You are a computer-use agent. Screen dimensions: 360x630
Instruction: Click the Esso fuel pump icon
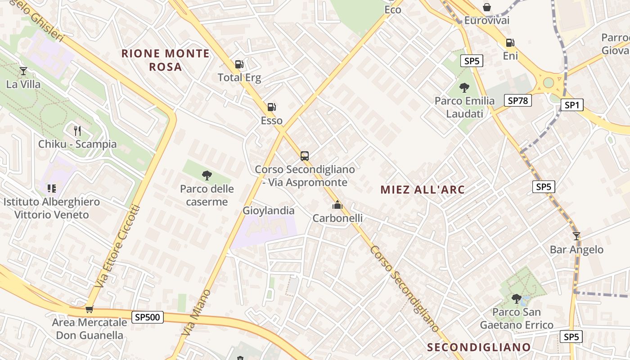(x=271, y=107)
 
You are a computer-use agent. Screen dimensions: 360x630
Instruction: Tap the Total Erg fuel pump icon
(x=239, y=64)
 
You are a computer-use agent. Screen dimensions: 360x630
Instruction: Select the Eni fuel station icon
(x=510, y=43)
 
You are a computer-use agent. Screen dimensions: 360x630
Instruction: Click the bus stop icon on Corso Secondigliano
(x=305, y=156)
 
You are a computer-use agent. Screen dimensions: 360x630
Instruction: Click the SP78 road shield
(x=517, y=101)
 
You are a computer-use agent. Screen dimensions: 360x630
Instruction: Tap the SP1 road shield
(x=571, y=105)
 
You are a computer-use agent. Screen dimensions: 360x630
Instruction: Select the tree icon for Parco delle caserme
(x=207, y=175)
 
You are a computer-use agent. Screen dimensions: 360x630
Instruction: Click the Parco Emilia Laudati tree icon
(x=464, y=88)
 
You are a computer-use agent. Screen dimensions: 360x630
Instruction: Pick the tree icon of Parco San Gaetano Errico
(x=517, y=299)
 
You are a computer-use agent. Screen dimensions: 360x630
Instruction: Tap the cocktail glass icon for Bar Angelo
(x=576, y=236)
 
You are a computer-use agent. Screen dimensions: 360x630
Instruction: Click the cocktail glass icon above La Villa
(x=23, y=71)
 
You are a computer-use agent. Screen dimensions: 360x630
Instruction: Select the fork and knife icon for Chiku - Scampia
(x=77, y=131)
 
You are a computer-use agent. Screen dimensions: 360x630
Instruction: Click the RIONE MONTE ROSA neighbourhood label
(x=166, y=60)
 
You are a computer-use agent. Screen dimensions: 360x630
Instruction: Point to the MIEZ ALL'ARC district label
(x=422, y=189)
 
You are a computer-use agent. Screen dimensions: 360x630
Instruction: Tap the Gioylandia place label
(x=268, y=211)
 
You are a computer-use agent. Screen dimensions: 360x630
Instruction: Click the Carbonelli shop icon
(x=337, y=205)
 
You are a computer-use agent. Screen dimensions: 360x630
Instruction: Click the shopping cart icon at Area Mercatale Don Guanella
(x=89, y=309)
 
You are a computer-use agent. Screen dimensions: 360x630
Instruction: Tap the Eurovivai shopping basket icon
(x=486, y=7)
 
